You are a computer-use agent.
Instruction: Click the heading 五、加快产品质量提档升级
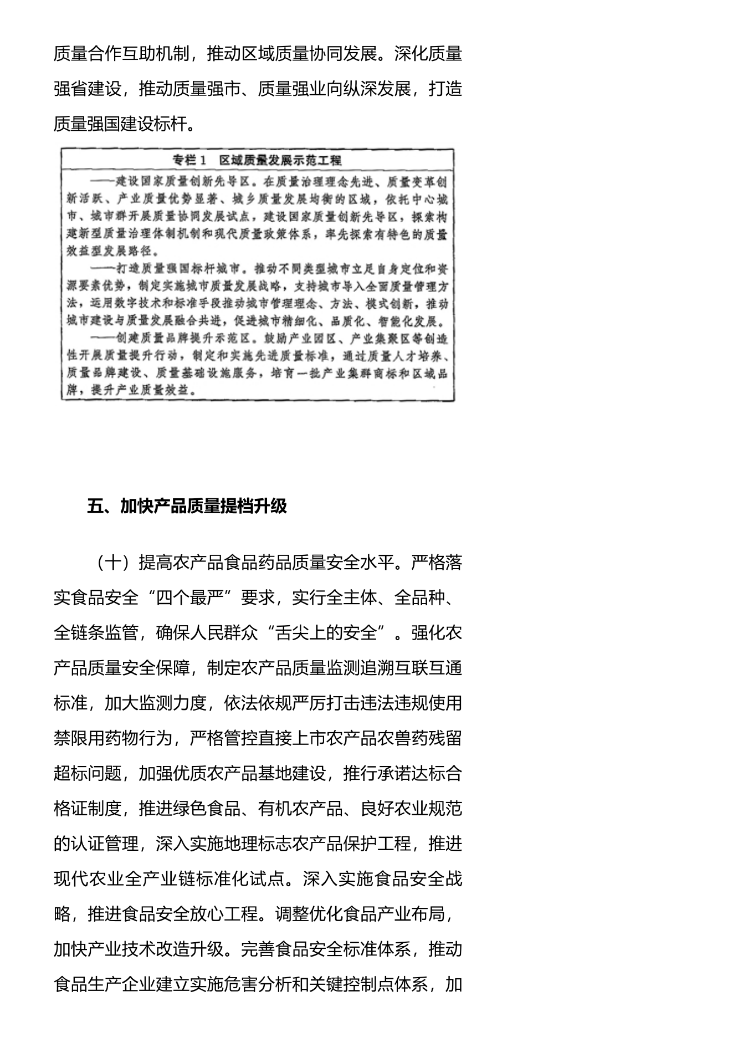point(187,506)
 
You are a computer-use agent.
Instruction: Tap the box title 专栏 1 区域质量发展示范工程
point(257,161)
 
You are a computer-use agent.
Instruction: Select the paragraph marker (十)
point(113,563)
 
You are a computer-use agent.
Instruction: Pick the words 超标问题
point(88,773)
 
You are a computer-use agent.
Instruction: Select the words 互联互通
point(428,668)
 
